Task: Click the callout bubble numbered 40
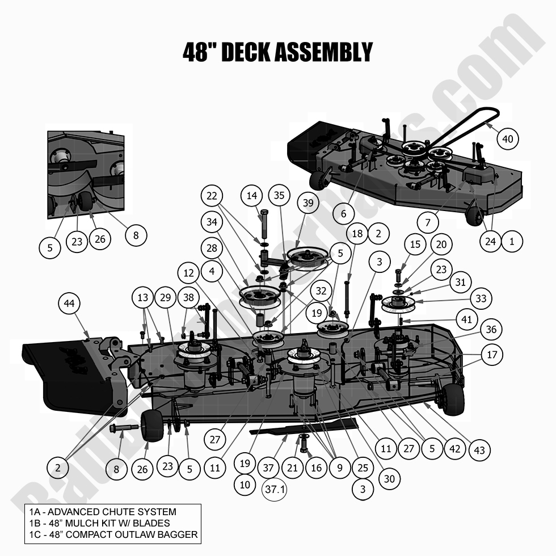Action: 508,138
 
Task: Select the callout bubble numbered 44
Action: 69,304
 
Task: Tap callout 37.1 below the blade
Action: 274,489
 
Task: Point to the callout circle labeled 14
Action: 252,196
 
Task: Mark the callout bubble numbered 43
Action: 479,450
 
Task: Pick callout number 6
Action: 344,214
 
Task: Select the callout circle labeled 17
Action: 491,355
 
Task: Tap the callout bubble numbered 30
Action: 389,479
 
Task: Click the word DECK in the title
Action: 245,52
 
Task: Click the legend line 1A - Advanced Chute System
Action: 103,512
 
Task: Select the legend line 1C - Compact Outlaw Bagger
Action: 113,534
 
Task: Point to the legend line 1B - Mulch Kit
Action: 100,523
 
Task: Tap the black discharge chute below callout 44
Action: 62,374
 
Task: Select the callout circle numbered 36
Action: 491,330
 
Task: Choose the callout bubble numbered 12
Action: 188,273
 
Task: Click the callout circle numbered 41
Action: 466,319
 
